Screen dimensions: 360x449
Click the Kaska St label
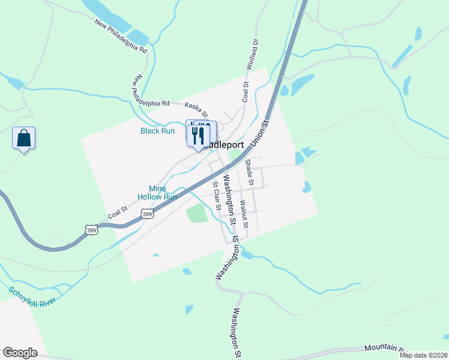[x=196, y=109]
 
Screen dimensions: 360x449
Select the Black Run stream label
[x=157, y=131]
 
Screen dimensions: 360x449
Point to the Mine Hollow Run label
[x=157, y=192]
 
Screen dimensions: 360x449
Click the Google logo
[x=20, y=353]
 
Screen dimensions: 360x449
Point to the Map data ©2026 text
[x=424, y=355]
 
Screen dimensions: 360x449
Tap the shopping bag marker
[x=23, y=139]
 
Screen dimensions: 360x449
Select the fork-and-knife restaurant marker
[x=200, y=135]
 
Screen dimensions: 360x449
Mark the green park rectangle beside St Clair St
[x=196, y=213]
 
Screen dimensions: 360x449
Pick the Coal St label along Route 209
[x=118, y=212]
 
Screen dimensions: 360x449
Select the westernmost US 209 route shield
[x=91, y=230]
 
